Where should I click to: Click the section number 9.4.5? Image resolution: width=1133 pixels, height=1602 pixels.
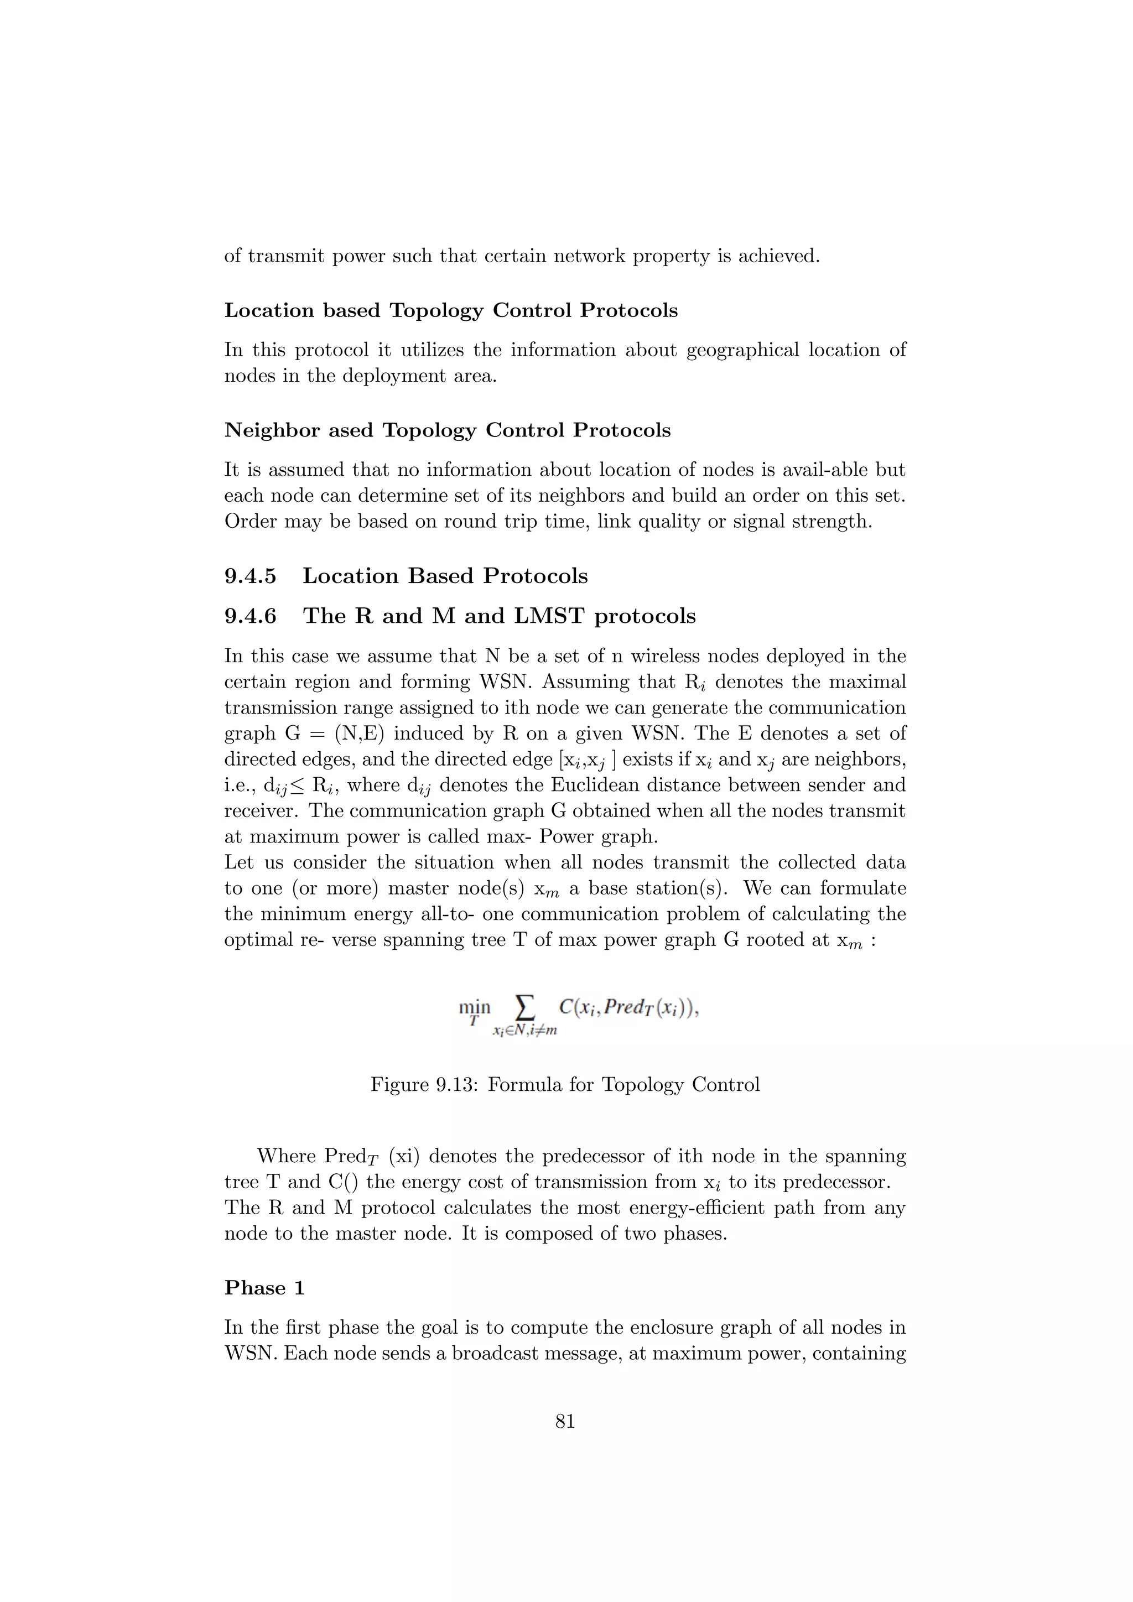click(x=251, y=576)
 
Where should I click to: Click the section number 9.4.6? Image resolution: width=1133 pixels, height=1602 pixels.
click(x=251, y=616)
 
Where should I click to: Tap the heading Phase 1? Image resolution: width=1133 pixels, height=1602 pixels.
click(x=264, y=1288)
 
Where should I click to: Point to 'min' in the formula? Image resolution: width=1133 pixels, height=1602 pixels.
click(x=475, y=1007)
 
